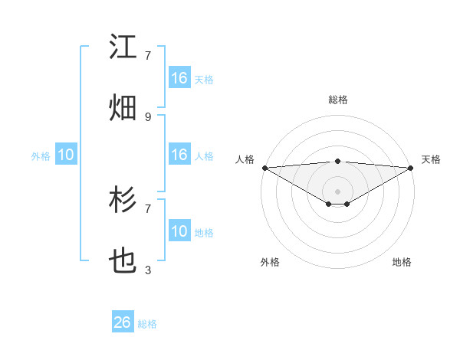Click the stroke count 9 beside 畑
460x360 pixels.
(148, 116)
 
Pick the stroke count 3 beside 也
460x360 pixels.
(148, 270)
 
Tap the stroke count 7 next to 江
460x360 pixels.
(148, 55)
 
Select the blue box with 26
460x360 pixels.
(123, 322)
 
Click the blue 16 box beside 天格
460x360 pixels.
(179, 78)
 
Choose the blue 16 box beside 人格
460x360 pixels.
(179, 155)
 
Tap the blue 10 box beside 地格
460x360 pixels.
(179, 231)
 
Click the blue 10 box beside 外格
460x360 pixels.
(66, 155)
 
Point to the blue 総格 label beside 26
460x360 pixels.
(147, 324)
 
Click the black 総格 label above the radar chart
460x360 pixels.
(338, 100)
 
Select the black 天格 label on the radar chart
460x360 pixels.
(432, 159)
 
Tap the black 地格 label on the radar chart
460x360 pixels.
(402, 262)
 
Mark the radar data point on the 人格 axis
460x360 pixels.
(264, 168)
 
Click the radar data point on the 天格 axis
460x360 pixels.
(411, 168)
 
